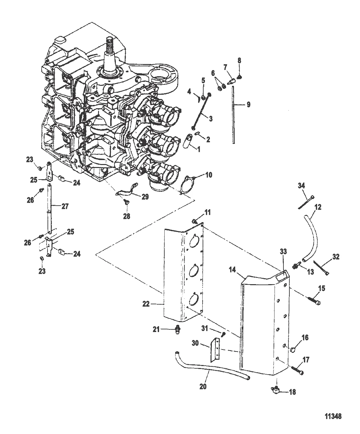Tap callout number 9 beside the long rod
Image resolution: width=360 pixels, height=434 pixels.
248,105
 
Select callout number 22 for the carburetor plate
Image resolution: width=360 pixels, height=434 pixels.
146,304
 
